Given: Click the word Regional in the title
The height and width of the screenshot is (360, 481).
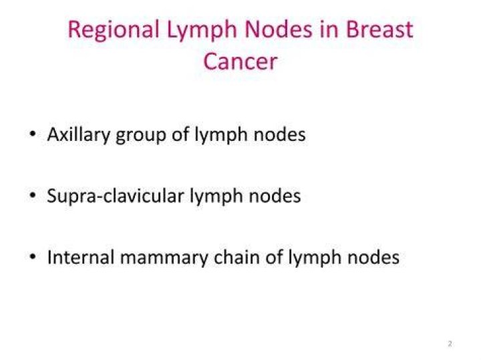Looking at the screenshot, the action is [114, 31].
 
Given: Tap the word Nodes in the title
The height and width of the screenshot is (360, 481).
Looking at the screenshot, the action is [278, 29].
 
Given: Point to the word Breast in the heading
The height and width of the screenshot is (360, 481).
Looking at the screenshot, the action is [379, 29].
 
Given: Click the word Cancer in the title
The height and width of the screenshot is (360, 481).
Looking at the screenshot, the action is [240, 61].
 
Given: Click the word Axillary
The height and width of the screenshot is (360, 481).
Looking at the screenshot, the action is [79, 135].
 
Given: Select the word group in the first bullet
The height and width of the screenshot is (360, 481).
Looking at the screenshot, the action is [141, 136].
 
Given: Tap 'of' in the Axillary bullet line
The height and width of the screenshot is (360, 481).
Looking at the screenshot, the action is [180, 134].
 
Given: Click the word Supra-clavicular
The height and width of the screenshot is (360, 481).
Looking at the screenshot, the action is [116, 196].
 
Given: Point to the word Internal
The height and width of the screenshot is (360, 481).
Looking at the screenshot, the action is [81, 257].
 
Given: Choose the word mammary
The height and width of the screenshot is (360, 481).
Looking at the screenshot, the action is [164, 258].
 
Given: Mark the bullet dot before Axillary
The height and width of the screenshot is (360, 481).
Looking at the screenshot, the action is [32, 134].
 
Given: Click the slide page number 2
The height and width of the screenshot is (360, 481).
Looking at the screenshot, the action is [450, 344].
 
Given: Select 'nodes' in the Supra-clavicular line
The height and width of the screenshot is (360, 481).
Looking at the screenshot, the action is [275, 196].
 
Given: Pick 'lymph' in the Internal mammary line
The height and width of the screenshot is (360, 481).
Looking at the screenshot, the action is [315, 258].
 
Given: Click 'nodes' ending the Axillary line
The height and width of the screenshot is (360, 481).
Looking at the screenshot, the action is [279, 134].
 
